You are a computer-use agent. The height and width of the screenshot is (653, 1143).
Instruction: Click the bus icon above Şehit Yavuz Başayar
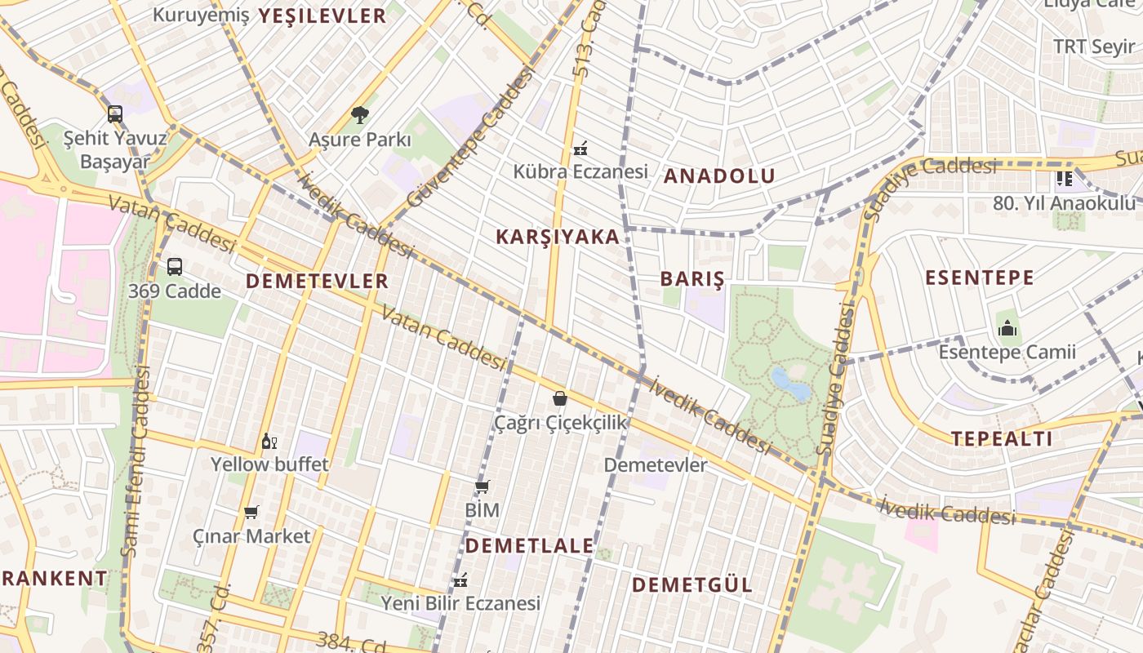pos(115,114)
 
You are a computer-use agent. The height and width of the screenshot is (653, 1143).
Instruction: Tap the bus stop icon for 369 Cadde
pos(175,266)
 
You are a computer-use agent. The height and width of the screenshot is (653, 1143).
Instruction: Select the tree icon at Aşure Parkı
pos(359,115)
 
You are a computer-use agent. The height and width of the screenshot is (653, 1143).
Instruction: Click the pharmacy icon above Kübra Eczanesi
pos(580,148)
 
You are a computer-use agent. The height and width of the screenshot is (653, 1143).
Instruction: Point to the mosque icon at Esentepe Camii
pos(1007,328)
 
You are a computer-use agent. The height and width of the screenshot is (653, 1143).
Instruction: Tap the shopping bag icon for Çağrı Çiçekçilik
pos(560,398)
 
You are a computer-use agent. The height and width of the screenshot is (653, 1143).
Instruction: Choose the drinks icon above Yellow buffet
pos(269,442)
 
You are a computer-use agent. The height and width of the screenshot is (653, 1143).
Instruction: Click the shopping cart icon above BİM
pos(482,486)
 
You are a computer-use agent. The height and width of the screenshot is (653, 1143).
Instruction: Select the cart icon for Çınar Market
pos(251,513)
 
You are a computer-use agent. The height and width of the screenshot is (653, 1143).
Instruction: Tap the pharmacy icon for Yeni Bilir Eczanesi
pos(461,580)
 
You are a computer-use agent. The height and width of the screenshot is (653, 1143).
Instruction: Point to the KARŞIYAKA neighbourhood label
pos(558,237)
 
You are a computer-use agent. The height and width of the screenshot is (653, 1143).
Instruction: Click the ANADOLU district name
pos(719,175)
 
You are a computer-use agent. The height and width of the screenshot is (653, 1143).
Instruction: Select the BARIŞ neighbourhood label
pos(692,278)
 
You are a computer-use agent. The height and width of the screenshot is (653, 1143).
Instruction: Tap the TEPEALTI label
pos(1002,438)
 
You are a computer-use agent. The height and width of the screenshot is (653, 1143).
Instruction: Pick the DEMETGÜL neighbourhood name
pos(692,584)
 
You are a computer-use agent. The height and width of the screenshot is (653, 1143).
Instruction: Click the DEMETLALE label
pos(530,545)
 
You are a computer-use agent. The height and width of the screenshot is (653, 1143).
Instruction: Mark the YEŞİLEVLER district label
pos(322,16)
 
